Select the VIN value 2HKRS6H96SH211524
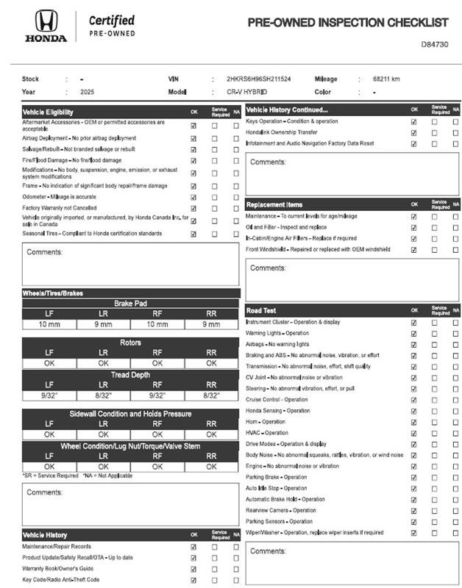click(259, 79)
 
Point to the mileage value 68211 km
click(386, 79)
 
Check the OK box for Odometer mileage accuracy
click(193, 197)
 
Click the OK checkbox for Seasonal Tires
click(193, 234)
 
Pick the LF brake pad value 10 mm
click(50, 324)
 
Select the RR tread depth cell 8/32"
click(211, 395)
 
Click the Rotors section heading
click(130, 343)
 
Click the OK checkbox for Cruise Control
click(413, 400)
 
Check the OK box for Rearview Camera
click(413, 510)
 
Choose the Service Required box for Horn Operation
click(435, 422)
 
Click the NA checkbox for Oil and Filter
click(455, 227)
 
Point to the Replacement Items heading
click(274, 204)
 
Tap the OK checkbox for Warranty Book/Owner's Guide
click(193, 569)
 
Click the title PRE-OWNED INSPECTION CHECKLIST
click(347, 23)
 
